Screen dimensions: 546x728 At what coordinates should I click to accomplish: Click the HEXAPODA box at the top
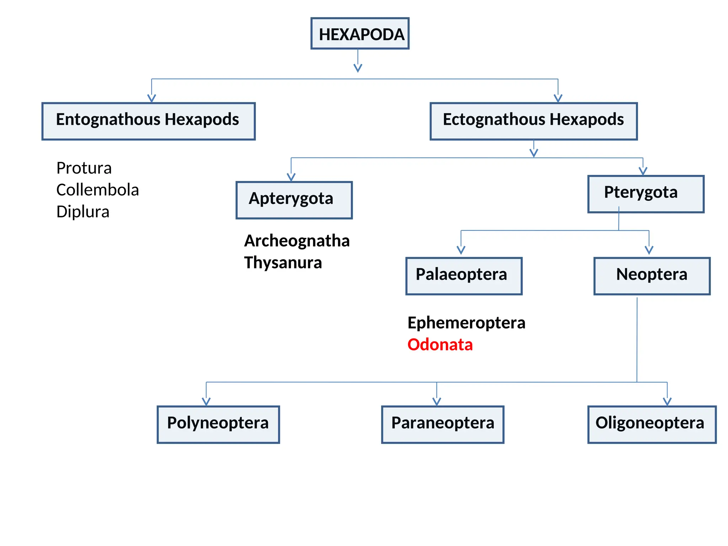[x=360, y=33]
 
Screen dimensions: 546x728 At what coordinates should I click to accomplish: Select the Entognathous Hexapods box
[x=149, y=121]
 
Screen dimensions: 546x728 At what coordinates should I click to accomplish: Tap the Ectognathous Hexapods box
[x=533, y=121]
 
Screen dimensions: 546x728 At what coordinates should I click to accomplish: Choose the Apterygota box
[x=294, y=200]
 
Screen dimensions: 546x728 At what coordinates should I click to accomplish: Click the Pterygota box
[x=646, y=194]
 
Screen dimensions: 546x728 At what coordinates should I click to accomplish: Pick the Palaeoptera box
[x=464, y=276]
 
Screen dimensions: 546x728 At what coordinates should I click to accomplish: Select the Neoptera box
[x=652, y=276]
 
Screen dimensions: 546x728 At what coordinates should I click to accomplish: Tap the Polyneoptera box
[x=218, y=424]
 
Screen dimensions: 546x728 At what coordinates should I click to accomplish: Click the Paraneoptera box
[x=443, y=424]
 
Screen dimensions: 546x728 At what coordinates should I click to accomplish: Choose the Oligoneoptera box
[x=652, y=424]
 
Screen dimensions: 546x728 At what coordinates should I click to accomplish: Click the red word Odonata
[x=440, y=345]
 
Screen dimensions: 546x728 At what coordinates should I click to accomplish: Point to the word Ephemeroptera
[x=466, y=323]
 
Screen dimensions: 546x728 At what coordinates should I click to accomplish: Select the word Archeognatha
[x=297, y=241]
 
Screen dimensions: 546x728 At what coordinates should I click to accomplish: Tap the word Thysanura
[x=283, y=263]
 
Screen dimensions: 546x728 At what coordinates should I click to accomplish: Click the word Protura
[x=84, y=168]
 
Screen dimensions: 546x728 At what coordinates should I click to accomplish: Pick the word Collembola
[x=97, y=190]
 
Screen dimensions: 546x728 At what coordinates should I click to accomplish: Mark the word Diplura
[x=83, y=212]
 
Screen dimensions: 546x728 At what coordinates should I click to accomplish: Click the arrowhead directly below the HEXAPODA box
[x=358, y=68]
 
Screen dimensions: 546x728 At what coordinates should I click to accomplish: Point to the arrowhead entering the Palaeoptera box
[x=461, y=250]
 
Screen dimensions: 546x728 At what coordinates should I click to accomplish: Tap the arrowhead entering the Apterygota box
[x=291, y=177]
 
